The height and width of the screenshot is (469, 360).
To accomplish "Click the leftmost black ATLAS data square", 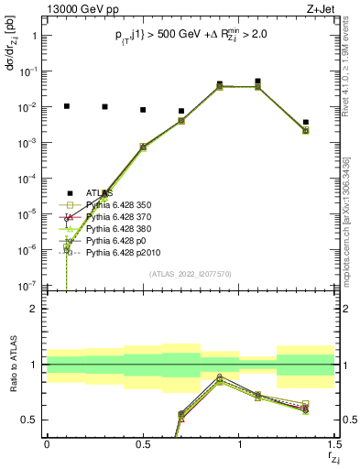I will click(x=66, y=106).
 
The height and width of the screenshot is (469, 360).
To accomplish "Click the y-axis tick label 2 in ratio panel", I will click(x=33, y=309).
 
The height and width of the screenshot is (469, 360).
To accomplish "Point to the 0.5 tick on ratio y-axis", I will click(x=29, y=420).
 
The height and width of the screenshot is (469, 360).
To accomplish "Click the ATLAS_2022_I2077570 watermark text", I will click(x=191, y=274).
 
